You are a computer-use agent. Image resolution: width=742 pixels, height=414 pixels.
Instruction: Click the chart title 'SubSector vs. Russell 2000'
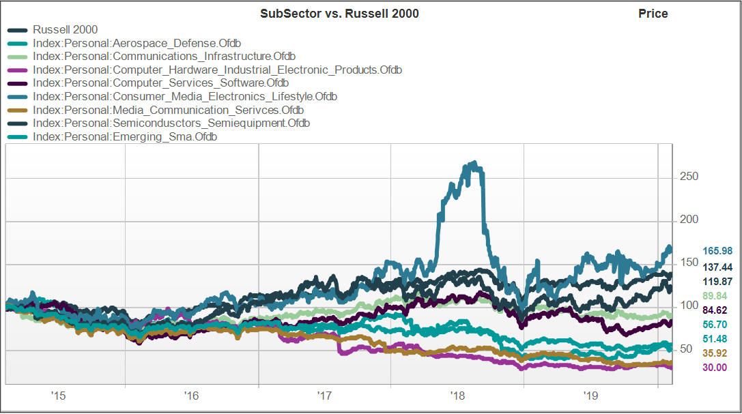[x=339, y=14]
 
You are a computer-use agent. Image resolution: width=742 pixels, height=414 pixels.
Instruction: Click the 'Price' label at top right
[x=653, y=14]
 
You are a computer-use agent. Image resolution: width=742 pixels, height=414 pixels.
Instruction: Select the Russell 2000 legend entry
[x=65, y=29]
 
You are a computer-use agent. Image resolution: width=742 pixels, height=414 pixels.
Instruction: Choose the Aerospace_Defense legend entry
[x=137, y=43]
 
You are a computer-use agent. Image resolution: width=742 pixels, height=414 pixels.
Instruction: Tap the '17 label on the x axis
[x=324, y=395]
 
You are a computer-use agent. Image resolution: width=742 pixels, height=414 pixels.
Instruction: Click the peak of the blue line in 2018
[x=474, y=164]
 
